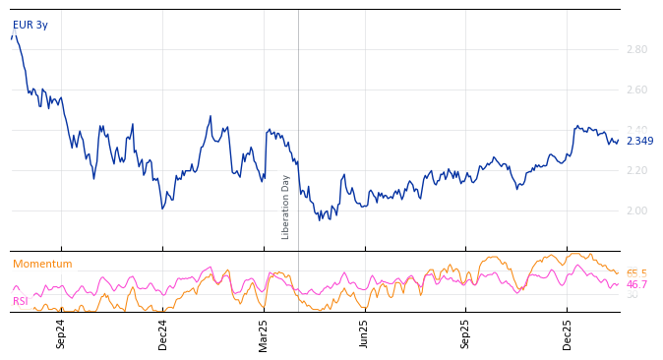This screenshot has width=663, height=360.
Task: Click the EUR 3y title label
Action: pyautogui.click(x=30, y=25)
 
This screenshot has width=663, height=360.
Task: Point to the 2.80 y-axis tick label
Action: pyautogui.click(x=636, y=49)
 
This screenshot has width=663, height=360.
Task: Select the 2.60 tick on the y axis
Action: pyautogui.click(x=636, y=90)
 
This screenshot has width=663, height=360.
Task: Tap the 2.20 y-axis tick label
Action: pyautogui.click(x=636, y=170)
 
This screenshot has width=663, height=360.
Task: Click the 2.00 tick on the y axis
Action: pyautogui.click(x=636, y=210)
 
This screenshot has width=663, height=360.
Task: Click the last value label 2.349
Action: pyautogui.click(x=639, y=141)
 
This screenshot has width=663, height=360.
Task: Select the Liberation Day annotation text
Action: pyautogui.click(x=286, y=207)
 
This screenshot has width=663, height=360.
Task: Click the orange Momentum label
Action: pyautogui.click(x=42, y=264)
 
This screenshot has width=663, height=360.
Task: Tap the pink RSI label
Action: pyautogui.click(x=20, y=301)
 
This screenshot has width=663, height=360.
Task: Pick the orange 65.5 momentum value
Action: pyautogui.click(x=636, y=274)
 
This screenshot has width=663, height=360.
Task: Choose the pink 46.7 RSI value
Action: pyautogui.click(x=636, y=285)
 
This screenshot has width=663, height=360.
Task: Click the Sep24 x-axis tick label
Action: pyautogui.click(x=61, y=333)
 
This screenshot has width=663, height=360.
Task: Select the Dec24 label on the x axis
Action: pyautogui.click(x=162, y=333)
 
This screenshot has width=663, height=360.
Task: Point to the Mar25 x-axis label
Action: pyautogui.click(x=263, y=333)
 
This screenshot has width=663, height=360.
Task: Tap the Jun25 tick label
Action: pyautogui.click(x=364, y=333)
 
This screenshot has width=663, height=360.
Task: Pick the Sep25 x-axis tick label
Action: pyautogui.click(x=465, y=333)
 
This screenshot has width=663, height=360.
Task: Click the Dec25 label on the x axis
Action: pyautogui.click(x=567, y=333)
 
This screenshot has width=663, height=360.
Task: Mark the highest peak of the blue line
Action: pyautogui.click(x=14, y=33)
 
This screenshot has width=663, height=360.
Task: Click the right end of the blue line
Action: pyautogui.click(x=619, y=141)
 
